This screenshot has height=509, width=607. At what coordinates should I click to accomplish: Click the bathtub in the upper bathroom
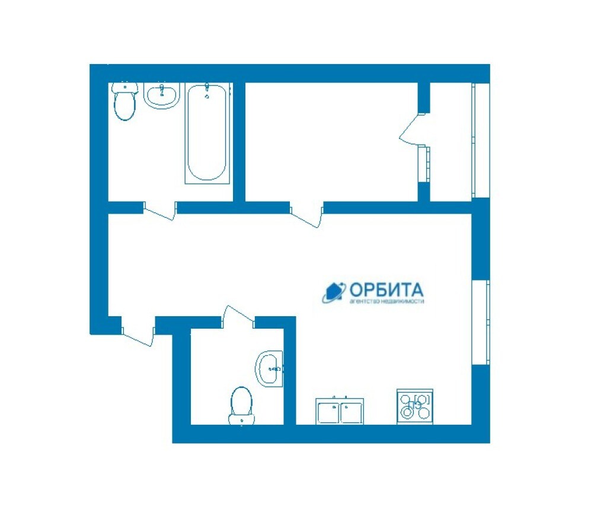[207, 133]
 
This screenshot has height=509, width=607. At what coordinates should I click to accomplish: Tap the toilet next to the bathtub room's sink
[124, 101]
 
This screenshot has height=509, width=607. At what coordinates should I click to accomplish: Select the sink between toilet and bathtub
[162, 95]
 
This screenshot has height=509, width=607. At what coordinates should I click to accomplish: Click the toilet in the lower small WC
[241, 406]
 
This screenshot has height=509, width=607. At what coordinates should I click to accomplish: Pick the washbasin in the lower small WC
[269, 368]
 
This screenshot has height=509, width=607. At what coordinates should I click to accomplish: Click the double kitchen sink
[340, 411]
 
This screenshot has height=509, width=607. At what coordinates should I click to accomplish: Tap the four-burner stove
[415, 407]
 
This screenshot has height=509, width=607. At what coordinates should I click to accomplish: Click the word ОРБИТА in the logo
[386, 290]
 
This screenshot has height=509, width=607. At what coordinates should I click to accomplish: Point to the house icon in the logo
[334, 292]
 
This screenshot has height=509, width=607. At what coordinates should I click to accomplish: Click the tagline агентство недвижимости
[386, 301]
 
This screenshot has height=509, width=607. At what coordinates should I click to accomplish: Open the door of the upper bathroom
[160, 211]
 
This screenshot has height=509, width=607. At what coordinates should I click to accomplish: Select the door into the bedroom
[306, 214]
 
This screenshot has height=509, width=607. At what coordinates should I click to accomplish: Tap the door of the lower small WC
[238, 314]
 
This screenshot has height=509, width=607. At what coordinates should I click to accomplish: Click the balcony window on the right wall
[481, 140]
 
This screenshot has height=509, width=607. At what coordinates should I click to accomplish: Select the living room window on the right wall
[481, 322]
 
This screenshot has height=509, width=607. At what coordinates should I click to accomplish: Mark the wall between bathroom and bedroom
[239, 142]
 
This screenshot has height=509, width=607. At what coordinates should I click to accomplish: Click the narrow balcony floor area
[451, 142]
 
